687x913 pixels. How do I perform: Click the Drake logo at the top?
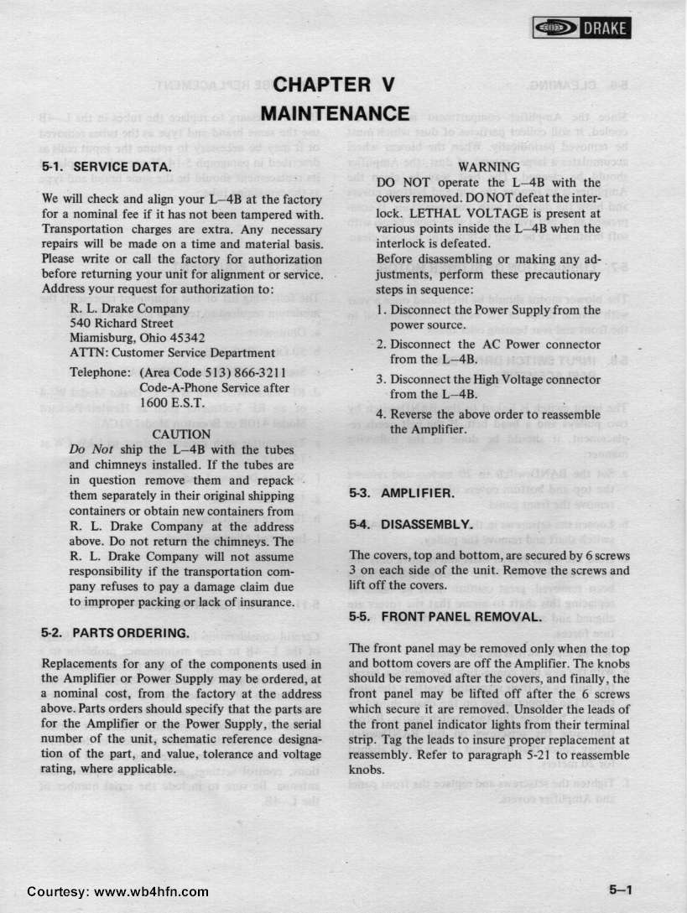(x=580, y=29)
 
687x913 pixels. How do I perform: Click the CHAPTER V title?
(x=334, y=85)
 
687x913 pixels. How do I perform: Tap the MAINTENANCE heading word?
(x=334, y=112)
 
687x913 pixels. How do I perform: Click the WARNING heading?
(x=488, y=168)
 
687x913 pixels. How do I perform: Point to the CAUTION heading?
(x=180, y=434)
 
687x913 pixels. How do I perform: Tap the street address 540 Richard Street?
(x=122, y=323)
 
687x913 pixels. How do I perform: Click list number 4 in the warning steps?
(x=382, y=414)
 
